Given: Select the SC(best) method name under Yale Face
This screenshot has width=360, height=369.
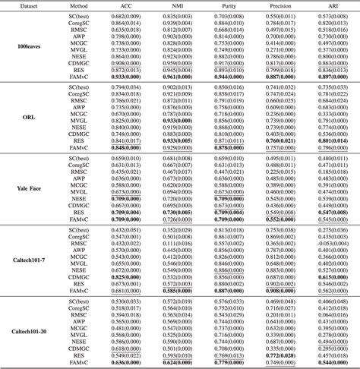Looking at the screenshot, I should (x=76, y=158).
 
